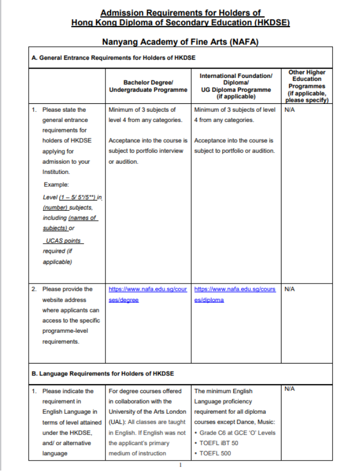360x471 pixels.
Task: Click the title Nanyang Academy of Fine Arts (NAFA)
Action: click(x=180, y=41)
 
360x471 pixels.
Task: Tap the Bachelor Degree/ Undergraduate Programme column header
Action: click(x=148, y=86)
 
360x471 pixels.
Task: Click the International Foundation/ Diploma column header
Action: click(x=236, y=86)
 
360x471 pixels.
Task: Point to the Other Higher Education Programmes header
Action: click(x=307, y=86)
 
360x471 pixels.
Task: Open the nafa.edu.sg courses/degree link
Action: click(x=148, y=294)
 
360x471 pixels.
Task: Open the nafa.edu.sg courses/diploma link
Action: click(x=235, y=294)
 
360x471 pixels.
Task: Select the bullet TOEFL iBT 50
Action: click(x=219, y=443)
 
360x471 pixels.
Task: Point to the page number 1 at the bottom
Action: click(x=180, y=465)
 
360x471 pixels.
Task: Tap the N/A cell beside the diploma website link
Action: click(x=290, y=289)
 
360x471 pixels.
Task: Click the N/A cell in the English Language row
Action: click(x=290, y=389)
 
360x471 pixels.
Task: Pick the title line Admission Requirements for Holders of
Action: click(x=180, y=13)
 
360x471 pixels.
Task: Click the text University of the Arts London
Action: click(x=147, y=412)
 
